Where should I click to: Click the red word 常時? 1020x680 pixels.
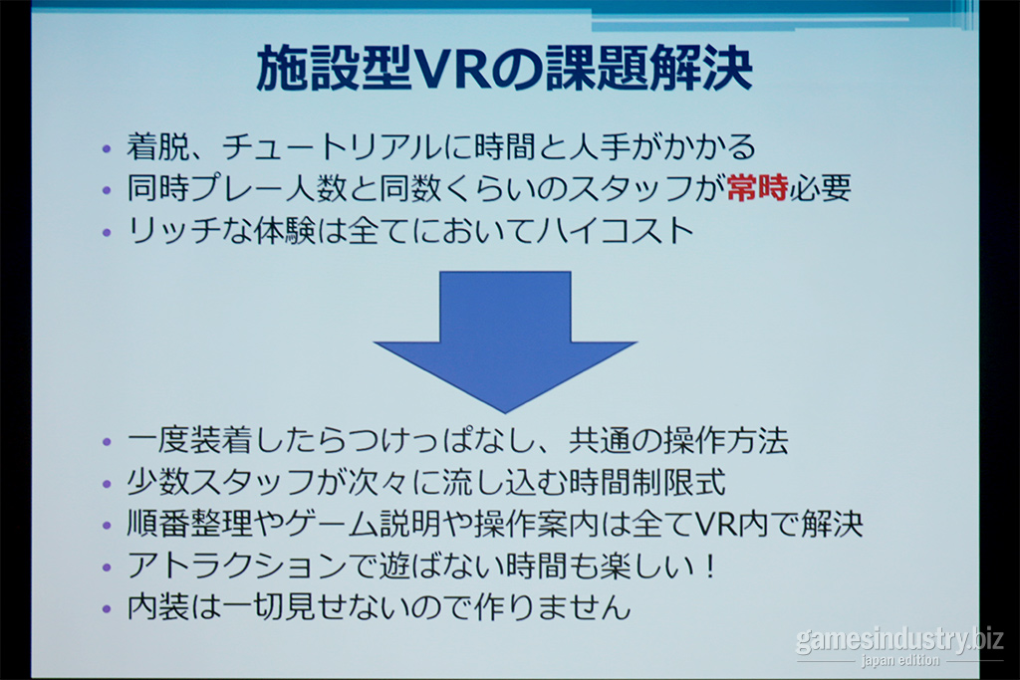point(757,188)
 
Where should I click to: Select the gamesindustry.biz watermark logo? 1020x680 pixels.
point(899,640)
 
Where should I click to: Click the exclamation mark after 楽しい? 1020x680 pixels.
point(709,566)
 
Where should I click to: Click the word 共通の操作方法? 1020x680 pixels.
point(678,440)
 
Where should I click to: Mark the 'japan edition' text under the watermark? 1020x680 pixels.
point(900,660)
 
